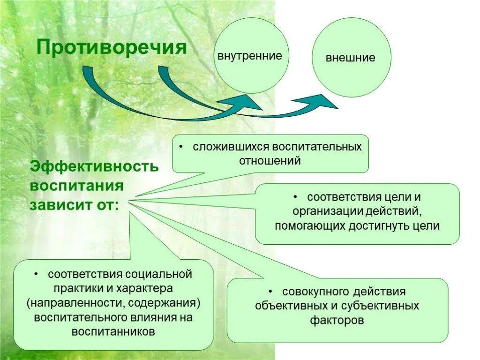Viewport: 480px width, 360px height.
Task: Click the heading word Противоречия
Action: tap(112, 47)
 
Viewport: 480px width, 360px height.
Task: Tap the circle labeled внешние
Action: tap(351, 58)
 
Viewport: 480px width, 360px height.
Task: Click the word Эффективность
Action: tap(95, 166)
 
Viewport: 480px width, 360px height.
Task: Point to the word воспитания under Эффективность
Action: tap(77, 186)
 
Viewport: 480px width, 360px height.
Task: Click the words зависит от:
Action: tap(75, 205)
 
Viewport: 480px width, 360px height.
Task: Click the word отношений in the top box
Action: tap(270, 161)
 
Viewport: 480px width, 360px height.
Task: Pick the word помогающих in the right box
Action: tap(310, 226)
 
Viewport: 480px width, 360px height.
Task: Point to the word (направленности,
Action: tap(75, 302)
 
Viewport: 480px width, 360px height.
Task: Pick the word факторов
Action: tap(337, 321)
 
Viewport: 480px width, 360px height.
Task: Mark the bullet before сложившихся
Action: tap(181, 147)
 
